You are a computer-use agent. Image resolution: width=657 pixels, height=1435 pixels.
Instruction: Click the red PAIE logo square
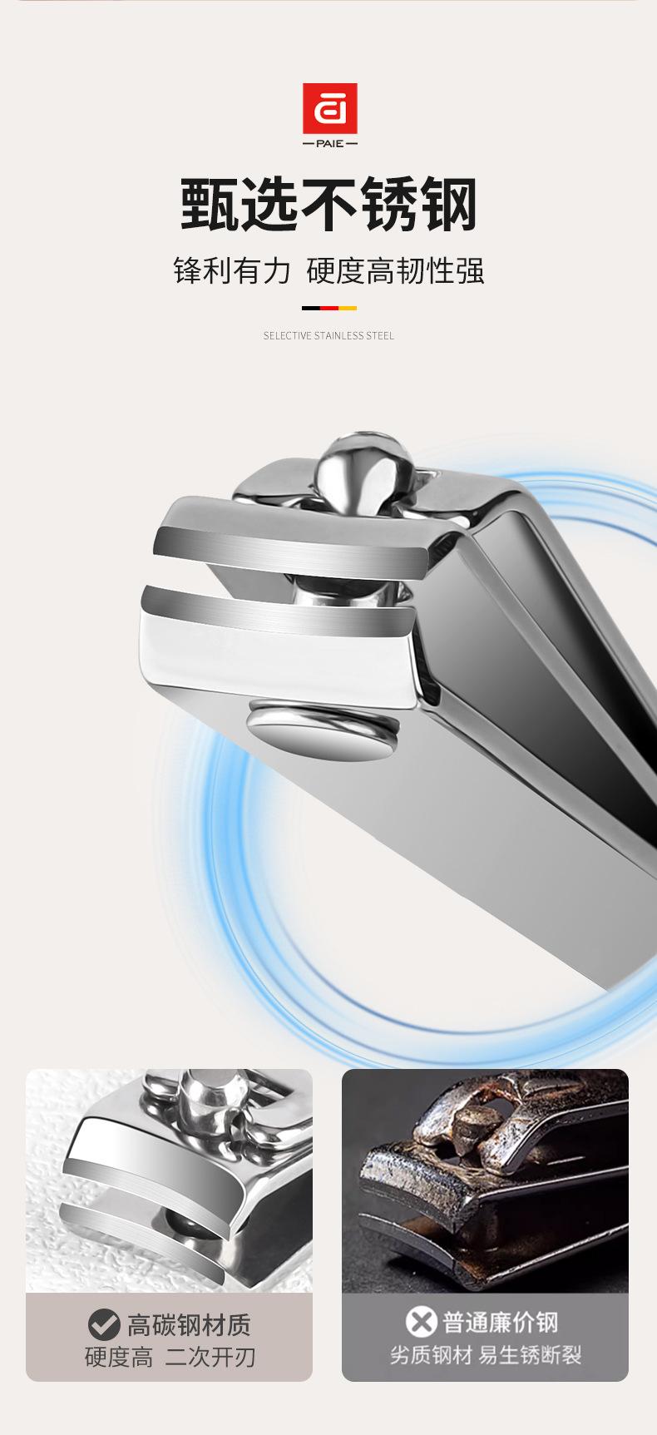[329, 108]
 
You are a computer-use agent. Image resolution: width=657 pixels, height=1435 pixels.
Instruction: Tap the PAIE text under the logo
[329, 144]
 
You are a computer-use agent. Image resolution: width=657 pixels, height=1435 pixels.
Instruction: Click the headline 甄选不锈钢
[328, 205]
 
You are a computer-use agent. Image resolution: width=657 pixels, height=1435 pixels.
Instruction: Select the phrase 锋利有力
[232, 271]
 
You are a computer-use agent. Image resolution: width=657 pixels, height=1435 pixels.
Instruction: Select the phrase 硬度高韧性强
[395, 271]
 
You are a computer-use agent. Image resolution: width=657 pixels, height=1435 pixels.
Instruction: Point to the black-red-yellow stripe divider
[328, 308]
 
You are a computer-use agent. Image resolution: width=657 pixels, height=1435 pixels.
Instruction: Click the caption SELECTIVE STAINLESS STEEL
[328, 336]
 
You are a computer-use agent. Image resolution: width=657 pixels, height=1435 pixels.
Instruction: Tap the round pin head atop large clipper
[363, 468]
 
